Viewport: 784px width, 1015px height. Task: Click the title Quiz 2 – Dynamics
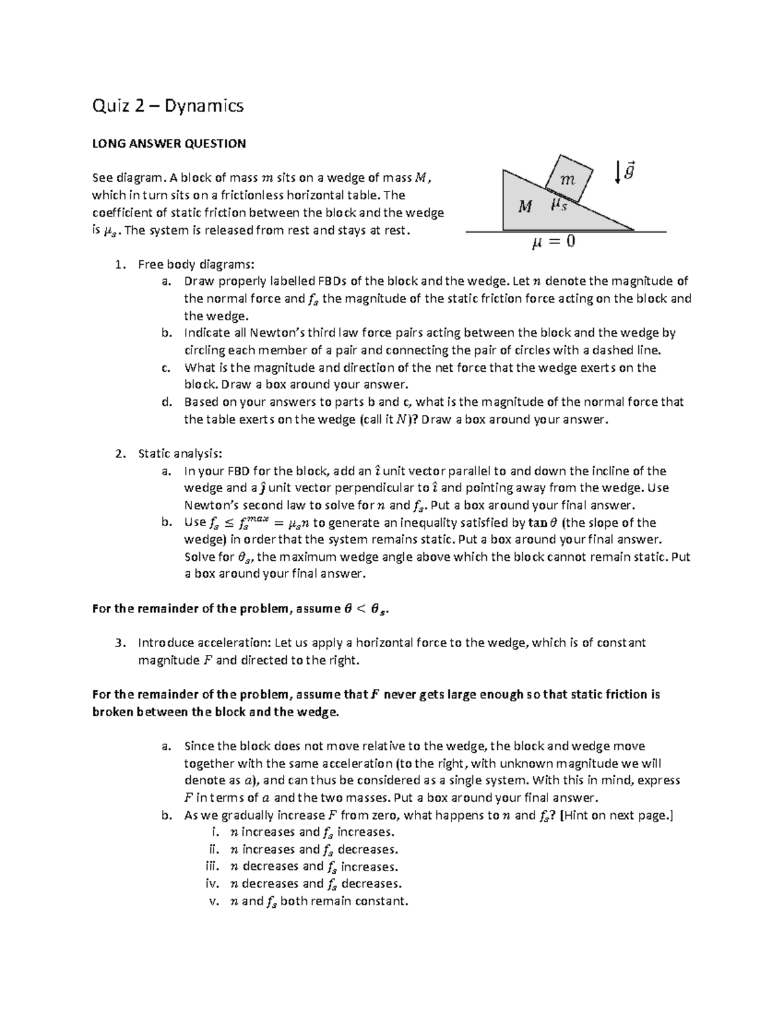tap(168, 105)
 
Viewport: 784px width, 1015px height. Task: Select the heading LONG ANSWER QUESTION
tap(169, 143)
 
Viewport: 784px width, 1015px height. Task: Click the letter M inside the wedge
tap(525, 207)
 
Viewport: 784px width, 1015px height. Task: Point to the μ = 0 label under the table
tap(553, 242)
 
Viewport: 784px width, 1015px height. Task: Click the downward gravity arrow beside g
tap(617, 173)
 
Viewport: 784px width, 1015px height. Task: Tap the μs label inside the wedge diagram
tap(559, 205)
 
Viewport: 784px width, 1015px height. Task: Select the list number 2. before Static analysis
tap(119, 454)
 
